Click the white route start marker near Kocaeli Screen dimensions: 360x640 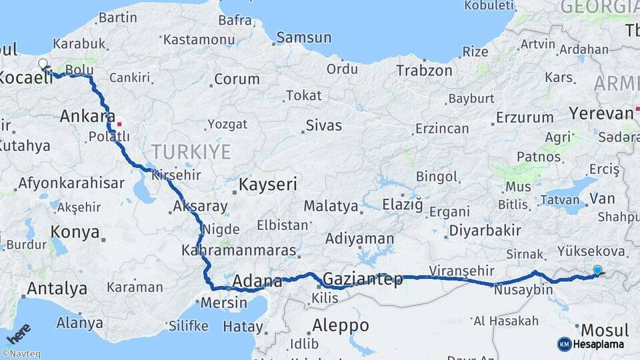click(x=43, y=65)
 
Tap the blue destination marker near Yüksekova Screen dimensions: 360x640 click(x=597, y=270)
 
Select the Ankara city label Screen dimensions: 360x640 click(x=87, y=116)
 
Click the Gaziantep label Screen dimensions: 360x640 click(x=363, y=279)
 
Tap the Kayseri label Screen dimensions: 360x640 click(x=267, y=184)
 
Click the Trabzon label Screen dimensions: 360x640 click(x=424, y=70)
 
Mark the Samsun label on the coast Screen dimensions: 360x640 click(x=303, y=37)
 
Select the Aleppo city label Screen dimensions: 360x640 click(x=340, y=325)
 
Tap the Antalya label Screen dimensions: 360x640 click(x=57, y=289)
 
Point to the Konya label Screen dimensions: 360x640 click(x=75, y=233)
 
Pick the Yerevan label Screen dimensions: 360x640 click(x=601, y=113)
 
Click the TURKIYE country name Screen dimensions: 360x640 click(x=191, y=152)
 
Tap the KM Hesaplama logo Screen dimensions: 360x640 click(x=591, y=344)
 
